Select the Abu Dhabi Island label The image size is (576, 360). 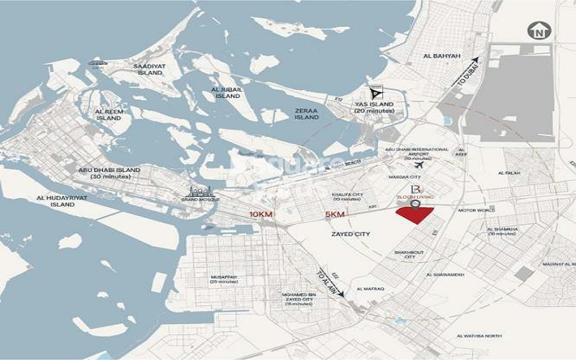coord(110,173)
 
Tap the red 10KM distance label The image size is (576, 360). coord(261,215)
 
